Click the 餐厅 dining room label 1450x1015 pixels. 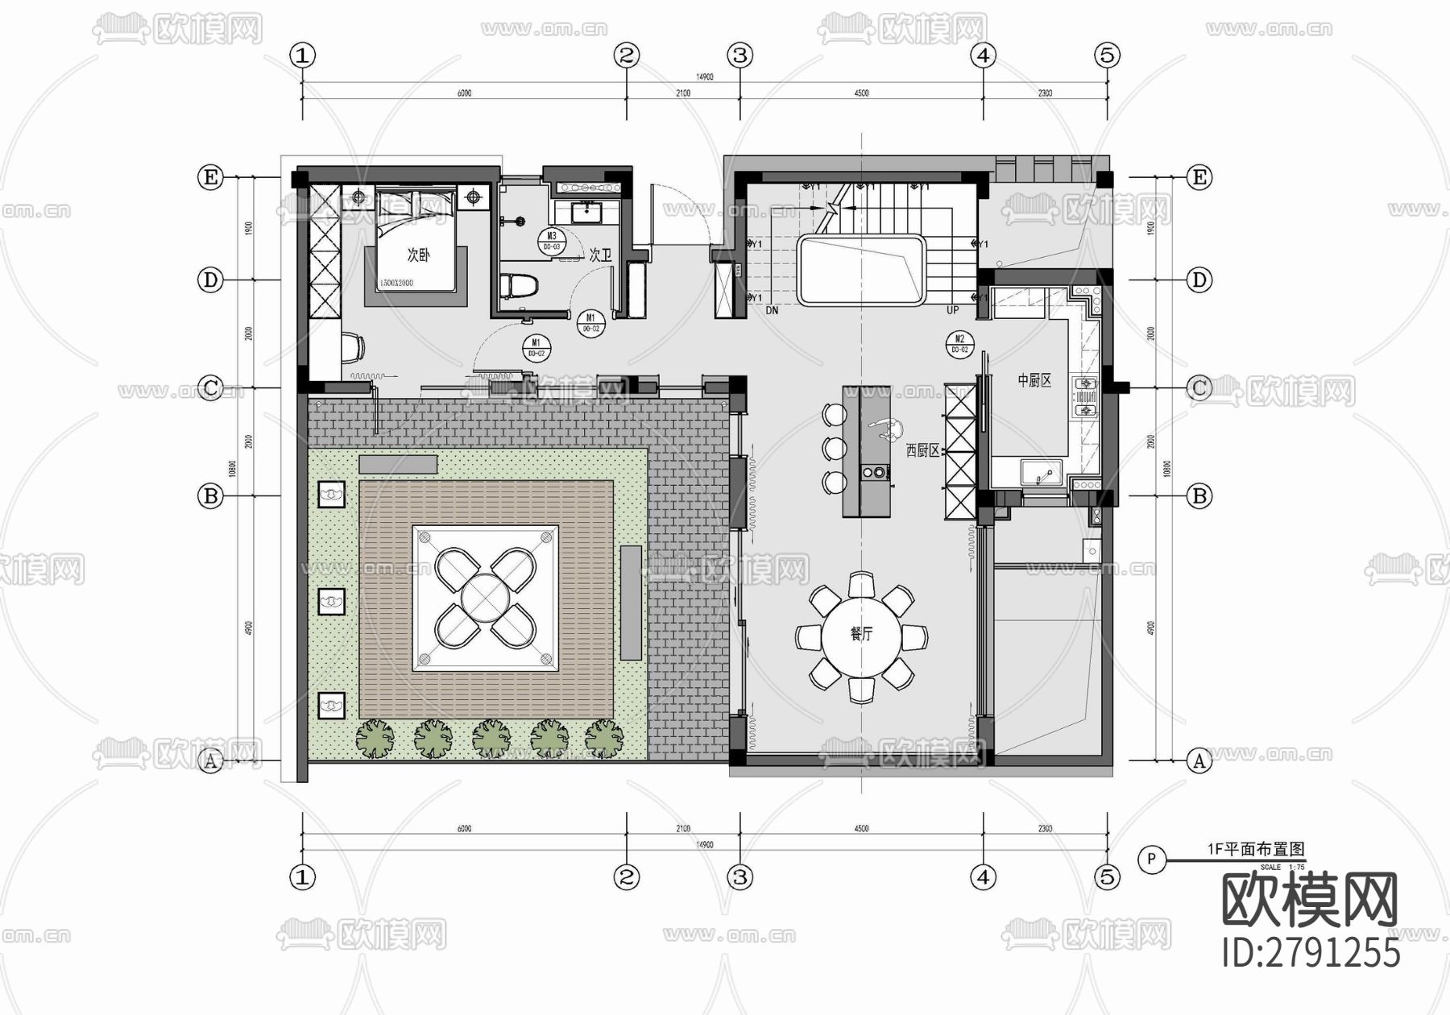coord(861,634)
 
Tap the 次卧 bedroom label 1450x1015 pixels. coord(418,255)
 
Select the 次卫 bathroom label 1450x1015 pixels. coord(600,255)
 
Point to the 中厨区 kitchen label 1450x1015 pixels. coord(1034,380)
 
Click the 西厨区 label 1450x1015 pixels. coord(922,450)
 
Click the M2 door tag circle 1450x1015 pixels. coord(959,345)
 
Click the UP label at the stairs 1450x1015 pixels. coord(953,310)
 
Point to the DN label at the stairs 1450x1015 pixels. coord(772,310)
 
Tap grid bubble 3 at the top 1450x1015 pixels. coord(739,56)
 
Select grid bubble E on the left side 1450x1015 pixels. coord(210,177)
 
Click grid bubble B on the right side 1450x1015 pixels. coord(1199,496)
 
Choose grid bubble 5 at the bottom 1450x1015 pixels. coord(1108,877)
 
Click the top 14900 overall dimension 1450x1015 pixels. coord(704,77)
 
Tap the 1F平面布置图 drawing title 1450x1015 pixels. coord(1255,849)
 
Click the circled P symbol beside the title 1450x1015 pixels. coord(1151,859)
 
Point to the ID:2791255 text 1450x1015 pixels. coord(1311,953)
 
